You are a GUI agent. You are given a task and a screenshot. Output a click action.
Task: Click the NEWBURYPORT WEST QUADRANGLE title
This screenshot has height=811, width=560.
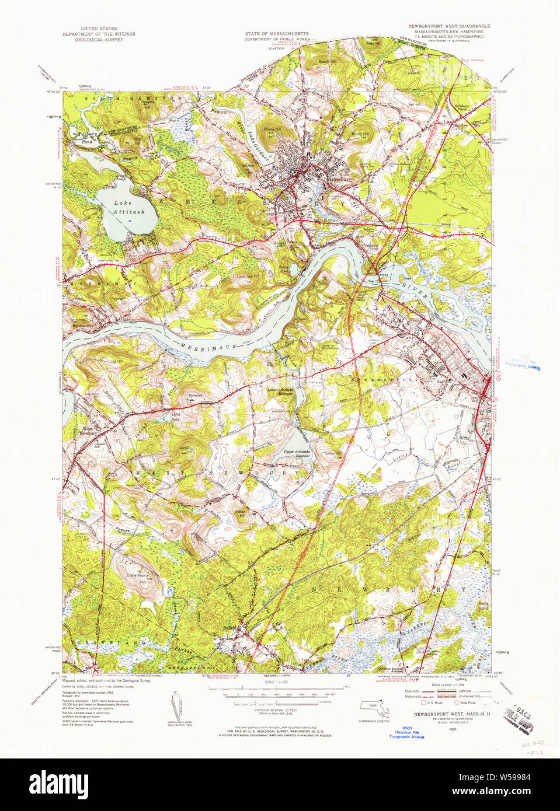coord(449,26)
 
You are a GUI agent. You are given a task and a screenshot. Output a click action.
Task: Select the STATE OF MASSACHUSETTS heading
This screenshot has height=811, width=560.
coord(277,34)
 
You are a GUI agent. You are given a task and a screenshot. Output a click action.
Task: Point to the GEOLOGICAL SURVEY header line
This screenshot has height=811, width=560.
coord(99,40)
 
